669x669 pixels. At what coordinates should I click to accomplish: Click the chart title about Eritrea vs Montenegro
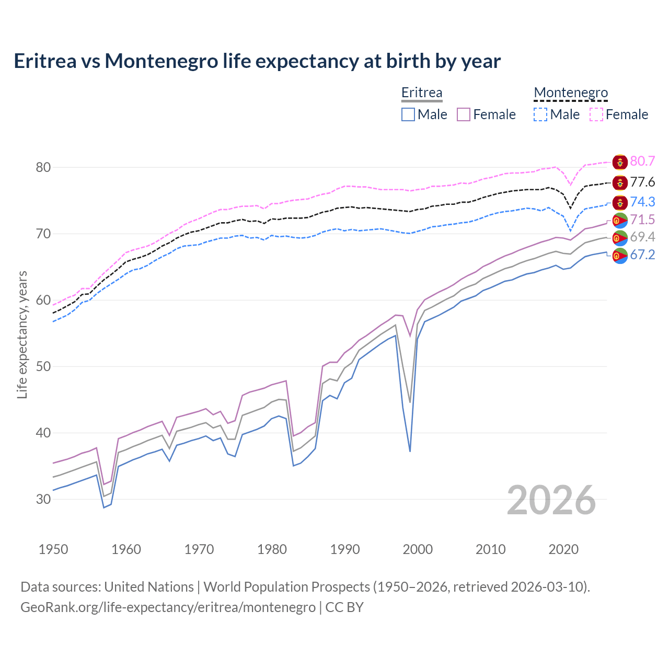(257, 61)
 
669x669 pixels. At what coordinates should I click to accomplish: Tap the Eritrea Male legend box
(408, 114)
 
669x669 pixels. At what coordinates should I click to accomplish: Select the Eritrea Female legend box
(464, 114)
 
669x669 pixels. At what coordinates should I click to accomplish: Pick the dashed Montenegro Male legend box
(540, 114)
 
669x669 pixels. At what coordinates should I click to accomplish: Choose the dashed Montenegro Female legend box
(596, 114)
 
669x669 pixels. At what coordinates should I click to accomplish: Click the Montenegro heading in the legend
(571, 93)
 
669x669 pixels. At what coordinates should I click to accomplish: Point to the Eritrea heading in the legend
(422, 93)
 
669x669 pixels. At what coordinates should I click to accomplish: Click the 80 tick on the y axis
(43, 168)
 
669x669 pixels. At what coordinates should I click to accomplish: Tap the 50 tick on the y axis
(43, 366)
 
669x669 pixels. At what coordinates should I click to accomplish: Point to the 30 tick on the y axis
(43, 499)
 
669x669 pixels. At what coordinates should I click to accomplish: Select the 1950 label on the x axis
(53, 549)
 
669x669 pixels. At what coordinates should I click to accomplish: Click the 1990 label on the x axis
(345, 549)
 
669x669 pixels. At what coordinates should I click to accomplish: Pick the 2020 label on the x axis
(563, 549)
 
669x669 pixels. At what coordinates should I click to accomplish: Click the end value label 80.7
(642, 162)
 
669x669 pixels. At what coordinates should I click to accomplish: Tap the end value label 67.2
(642, 255)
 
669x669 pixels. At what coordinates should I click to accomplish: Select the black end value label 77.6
(642, 182)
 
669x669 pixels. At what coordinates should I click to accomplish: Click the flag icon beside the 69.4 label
(620, 238)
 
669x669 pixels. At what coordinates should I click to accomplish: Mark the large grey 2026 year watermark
(551, 500)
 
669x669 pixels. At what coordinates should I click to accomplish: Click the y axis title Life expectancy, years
(22, 334)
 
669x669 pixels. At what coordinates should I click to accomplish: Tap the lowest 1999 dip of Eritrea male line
(410, 451)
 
